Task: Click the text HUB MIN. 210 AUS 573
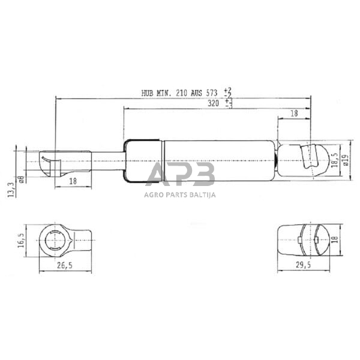(x=180, y=93)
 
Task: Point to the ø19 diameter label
(x=346, y=161)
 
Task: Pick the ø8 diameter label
(x=21, y=178)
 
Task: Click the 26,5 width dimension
(x=65, y=266)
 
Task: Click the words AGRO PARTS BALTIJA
(x=180, y=194)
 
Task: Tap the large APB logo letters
(x=180, y=175)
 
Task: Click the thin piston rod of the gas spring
(x=108, y=160)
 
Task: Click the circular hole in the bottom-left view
(x=56, y=241)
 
